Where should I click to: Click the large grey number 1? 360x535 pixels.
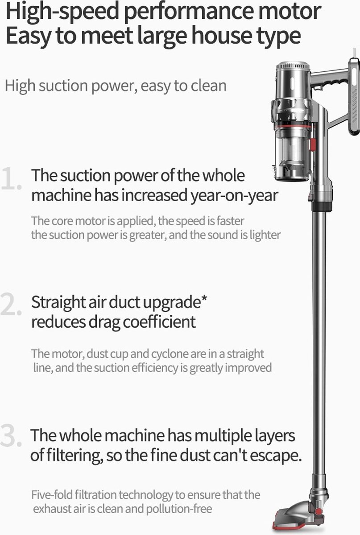pos(11,179)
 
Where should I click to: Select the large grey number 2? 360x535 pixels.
pos(11,304)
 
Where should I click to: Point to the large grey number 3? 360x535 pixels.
pos(11,435)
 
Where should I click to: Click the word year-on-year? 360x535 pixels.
pos(234,196)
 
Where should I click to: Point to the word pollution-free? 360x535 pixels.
pos(179,509)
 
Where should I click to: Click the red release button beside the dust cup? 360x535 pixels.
pos(313,145)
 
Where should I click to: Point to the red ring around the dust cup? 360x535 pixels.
pos(293,126)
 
